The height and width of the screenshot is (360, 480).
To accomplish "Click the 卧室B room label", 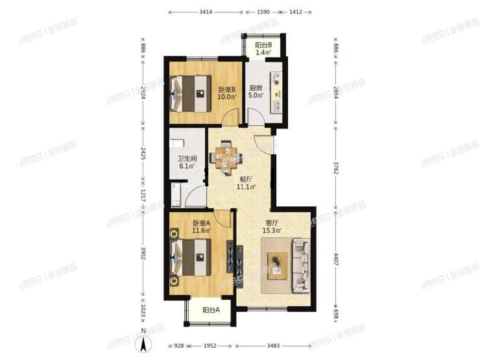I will click(x=226, y=90).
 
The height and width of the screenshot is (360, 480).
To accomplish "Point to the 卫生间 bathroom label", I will click(x=188, y=158).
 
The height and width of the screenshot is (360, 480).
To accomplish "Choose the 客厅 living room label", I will click(x=271, y=224).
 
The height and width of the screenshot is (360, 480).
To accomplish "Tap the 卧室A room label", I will click(x=202, y=224).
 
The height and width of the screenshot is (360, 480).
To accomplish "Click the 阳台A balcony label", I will click(x=211, y=310).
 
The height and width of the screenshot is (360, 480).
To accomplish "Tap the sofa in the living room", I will click(x=301, y=265).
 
